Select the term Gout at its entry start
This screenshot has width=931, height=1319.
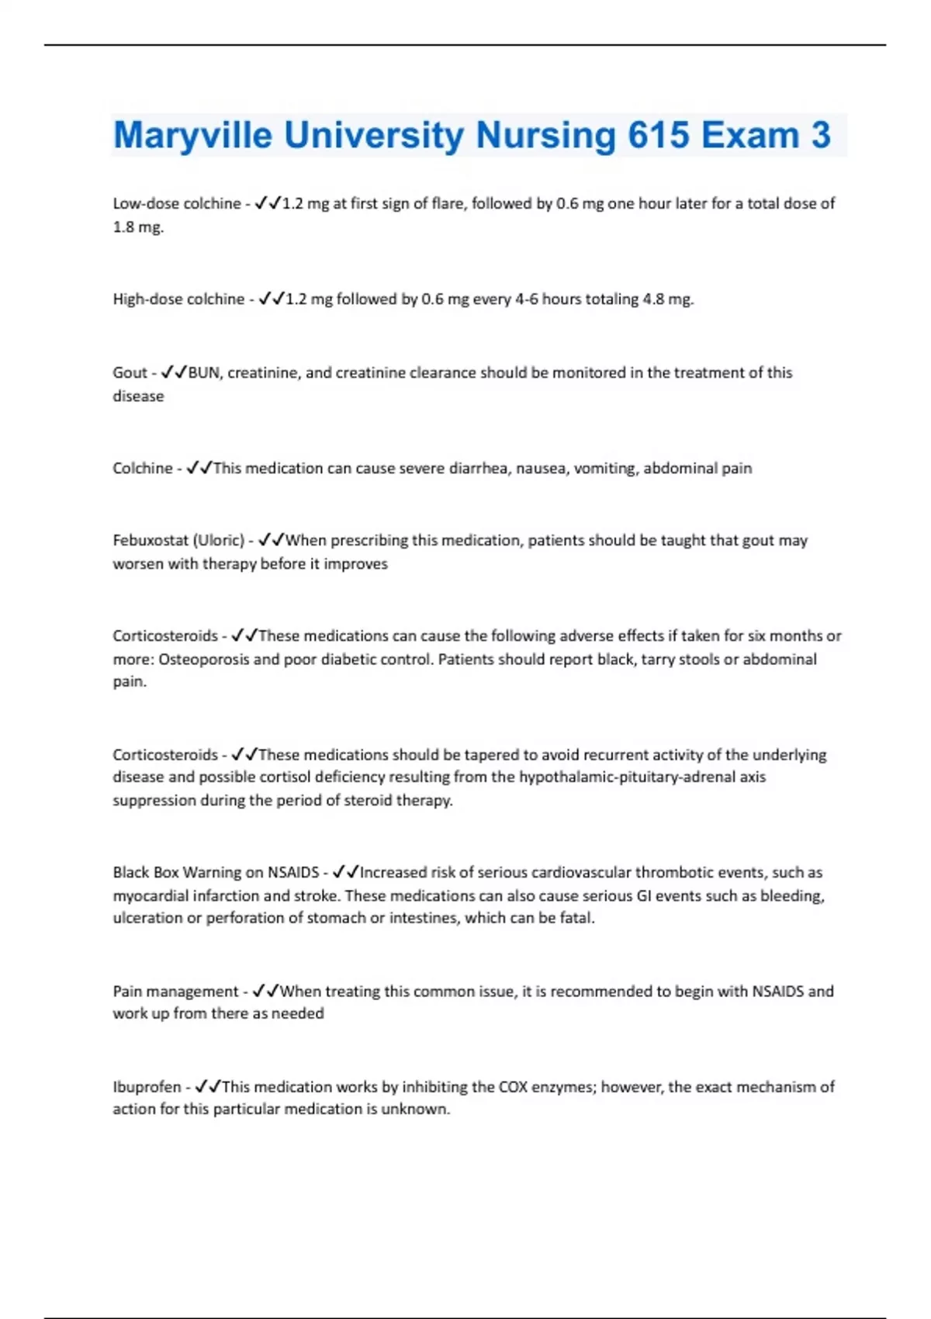click(130, 373)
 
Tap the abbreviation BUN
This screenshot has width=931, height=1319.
click(205, 373)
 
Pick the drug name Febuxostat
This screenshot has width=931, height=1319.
click(151, 541)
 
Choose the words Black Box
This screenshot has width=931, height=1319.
click(146, 873)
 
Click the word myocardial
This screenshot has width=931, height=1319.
click(151, 896)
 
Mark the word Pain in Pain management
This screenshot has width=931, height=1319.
click(127, 992)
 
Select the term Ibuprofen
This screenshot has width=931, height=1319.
click(147, 1087)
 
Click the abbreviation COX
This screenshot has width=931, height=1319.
click(513, 1087)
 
